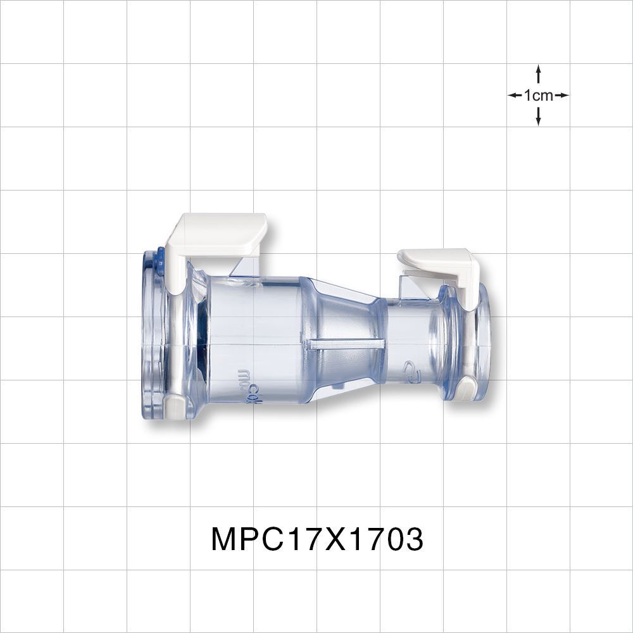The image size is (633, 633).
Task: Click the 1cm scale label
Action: point(538,96)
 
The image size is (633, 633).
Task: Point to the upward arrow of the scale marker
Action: point(538,73)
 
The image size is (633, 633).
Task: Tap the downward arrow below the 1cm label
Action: point(538,116)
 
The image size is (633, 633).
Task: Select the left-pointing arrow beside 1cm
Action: point(515,96)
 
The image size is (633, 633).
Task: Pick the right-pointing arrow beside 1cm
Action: point(561,96)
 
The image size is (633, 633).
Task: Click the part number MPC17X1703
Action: point(316,540)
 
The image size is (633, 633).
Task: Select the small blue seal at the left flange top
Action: point(160,260)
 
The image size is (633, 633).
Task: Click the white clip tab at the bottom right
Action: point(465,387)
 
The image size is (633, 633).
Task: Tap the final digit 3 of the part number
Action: point(413,540)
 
